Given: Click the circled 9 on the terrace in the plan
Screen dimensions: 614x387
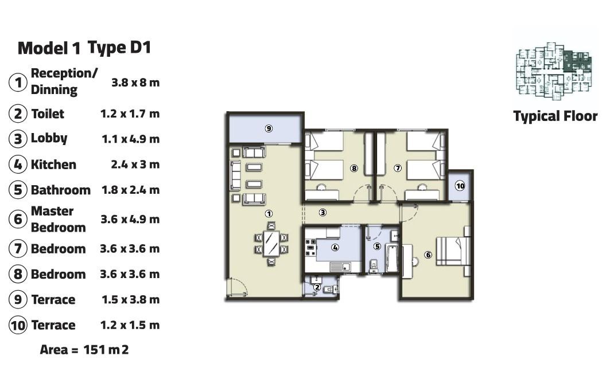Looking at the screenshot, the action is [269, 128].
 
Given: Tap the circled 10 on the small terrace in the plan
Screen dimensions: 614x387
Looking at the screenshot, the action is [460, 186].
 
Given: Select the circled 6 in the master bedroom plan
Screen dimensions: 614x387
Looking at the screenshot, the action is [429, 255].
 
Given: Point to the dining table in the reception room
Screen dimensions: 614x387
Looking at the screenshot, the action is [271, 244].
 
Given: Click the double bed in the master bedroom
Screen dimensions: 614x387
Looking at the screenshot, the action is [454, 251].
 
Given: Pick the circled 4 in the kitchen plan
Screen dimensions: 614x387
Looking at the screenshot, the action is [335, 247].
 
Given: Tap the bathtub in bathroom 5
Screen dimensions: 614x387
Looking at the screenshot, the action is [392, 258].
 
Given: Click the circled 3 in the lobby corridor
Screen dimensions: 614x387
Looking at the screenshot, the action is [322, 213].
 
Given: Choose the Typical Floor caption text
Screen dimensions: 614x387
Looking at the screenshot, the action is [555, 116].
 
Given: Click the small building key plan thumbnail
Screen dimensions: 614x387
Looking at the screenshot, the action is [554, 71].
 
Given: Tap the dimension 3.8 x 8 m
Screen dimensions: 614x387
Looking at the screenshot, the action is [135, 83].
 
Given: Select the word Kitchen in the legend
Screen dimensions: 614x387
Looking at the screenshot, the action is [53, 165].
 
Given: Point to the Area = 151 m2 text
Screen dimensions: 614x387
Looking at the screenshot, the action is [84, 349].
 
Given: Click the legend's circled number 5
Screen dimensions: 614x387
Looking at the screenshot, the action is [18, 190].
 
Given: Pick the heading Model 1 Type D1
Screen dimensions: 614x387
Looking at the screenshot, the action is [84, 48].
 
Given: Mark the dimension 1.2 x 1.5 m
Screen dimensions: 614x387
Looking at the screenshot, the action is [130, 325].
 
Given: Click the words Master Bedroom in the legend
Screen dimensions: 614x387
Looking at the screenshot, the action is [59, 219].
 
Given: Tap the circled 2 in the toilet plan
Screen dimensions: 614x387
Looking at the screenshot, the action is [317, 287].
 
